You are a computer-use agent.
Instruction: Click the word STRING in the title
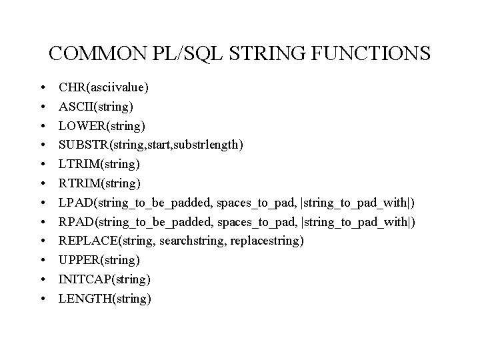261,53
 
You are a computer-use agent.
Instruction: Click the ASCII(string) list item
96,106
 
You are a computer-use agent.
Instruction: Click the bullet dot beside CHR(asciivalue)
43,87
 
